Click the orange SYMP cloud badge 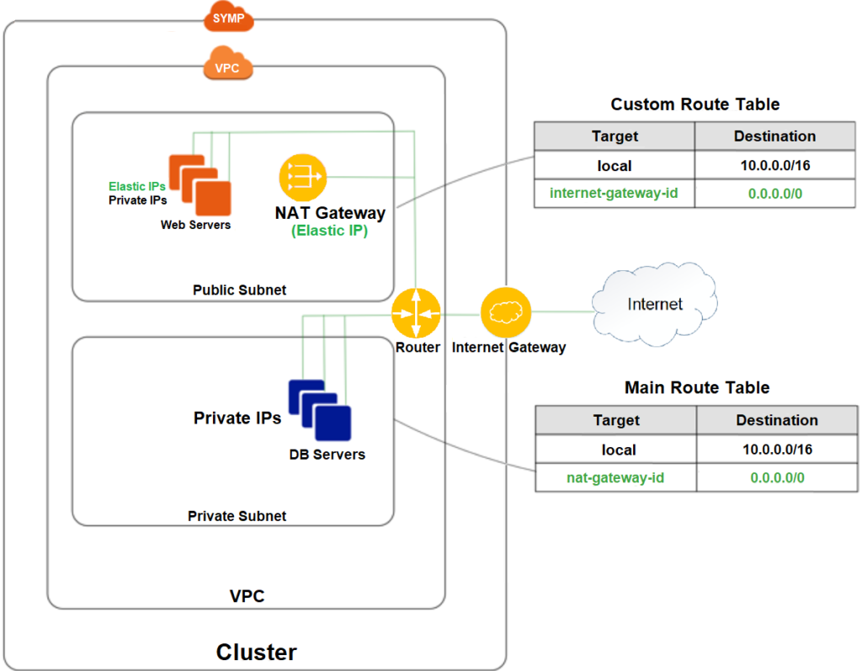[229, 17]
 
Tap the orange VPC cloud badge [227, 64]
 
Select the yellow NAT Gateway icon [303, 178]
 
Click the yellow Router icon [416, 313]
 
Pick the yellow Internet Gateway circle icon [506, 312]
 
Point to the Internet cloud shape [654, 304]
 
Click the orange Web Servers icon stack [200, 185]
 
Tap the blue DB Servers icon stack [320, 410]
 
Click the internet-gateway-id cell [614, 193]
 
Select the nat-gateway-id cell [615, 477]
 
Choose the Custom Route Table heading [694, 104]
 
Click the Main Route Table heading [696, 387]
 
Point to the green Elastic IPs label [137, 186]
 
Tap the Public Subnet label [240, 290]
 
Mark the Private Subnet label [237, 516]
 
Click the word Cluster [256, 652]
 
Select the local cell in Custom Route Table [614, 165]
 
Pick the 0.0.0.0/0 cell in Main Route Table [777, 477]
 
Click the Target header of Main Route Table [615, 420]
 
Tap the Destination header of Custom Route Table [775, 136]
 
